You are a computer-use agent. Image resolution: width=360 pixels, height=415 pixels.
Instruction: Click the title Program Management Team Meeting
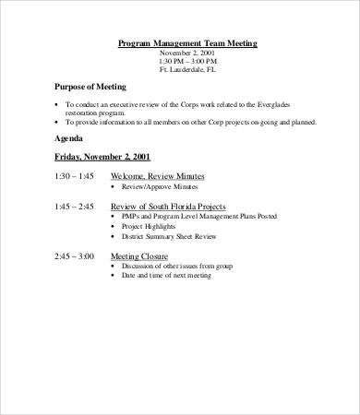coord(188,43)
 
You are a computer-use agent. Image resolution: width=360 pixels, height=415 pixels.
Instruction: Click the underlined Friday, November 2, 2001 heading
coord(102,156)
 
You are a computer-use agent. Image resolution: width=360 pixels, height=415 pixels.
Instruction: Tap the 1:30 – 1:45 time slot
coord(74,175)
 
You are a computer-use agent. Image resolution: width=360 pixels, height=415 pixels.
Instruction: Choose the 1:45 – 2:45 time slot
coord(74,207)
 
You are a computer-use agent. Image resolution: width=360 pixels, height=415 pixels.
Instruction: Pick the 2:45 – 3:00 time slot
coord(74,255)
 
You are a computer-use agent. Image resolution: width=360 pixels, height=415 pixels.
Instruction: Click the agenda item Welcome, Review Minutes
coord(157,175)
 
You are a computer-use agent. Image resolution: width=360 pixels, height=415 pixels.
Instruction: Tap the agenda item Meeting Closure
coord(138,255)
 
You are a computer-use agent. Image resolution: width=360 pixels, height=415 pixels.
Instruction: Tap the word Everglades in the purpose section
coord(294,103)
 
